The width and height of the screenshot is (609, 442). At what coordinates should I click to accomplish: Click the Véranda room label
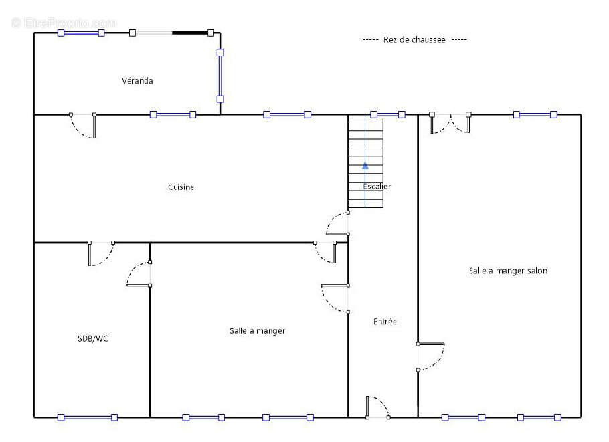137,81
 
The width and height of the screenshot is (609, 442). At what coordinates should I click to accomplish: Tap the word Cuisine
181,187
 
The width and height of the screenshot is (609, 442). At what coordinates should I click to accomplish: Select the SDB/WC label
93,339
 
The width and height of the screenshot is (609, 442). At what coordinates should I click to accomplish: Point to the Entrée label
385,322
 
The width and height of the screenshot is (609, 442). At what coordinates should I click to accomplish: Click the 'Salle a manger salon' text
508,271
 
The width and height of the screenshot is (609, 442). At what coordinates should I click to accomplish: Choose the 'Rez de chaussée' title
414,39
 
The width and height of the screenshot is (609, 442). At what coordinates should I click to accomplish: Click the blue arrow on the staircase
365,166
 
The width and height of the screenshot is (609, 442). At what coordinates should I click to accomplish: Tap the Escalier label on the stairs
377,187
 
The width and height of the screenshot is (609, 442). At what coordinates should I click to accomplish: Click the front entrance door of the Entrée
378,407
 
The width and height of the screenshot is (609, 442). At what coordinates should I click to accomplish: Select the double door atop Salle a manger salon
450,124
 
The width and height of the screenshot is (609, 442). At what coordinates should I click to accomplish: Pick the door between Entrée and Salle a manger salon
431,357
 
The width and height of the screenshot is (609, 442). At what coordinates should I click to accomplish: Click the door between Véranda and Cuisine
83,126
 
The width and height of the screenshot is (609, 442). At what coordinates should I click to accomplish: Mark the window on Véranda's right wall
220,76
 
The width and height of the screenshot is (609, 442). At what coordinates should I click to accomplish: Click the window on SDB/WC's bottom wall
88,417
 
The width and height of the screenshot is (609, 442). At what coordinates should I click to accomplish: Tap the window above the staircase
387,114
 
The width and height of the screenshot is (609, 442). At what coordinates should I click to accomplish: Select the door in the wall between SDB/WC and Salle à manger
139,274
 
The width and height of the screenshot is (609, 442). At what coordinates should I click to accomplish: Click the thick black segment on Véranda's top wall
190,33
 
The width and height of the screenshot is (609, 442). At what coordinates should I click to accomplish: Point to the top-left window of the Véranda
81,33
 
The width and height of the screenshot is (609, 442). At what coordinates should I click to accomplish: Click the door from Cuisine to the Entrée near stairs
337,223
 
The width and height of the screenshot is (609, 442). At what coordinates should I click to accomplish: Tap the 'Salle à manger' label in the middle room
257,330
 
